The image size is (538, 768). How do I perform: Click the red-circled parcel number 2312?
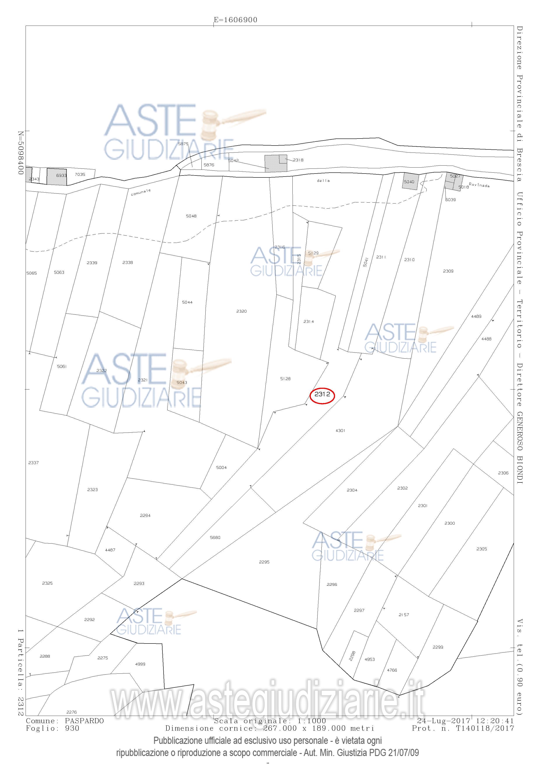click(322, 394)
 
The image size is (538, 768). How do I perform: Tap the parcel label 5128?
click(285, 379)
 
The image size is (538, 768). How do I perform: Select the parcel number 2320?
click(241, 311)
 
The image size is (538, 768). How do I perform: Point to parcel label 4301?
click(340, 430)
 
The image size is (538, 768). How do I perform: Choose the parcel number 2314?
click(309, 321)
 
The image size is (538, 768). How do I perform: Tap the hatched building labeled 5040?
click(410, 182)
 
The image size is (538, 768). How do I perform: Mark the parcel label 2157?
click(403, 614)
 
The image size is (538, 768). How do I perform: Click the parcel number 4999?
click(140, 664)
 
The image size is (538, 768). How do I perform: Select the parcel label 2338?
click(128, 263)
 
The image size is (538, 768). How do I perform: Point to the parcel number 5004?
click(221, 468)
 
